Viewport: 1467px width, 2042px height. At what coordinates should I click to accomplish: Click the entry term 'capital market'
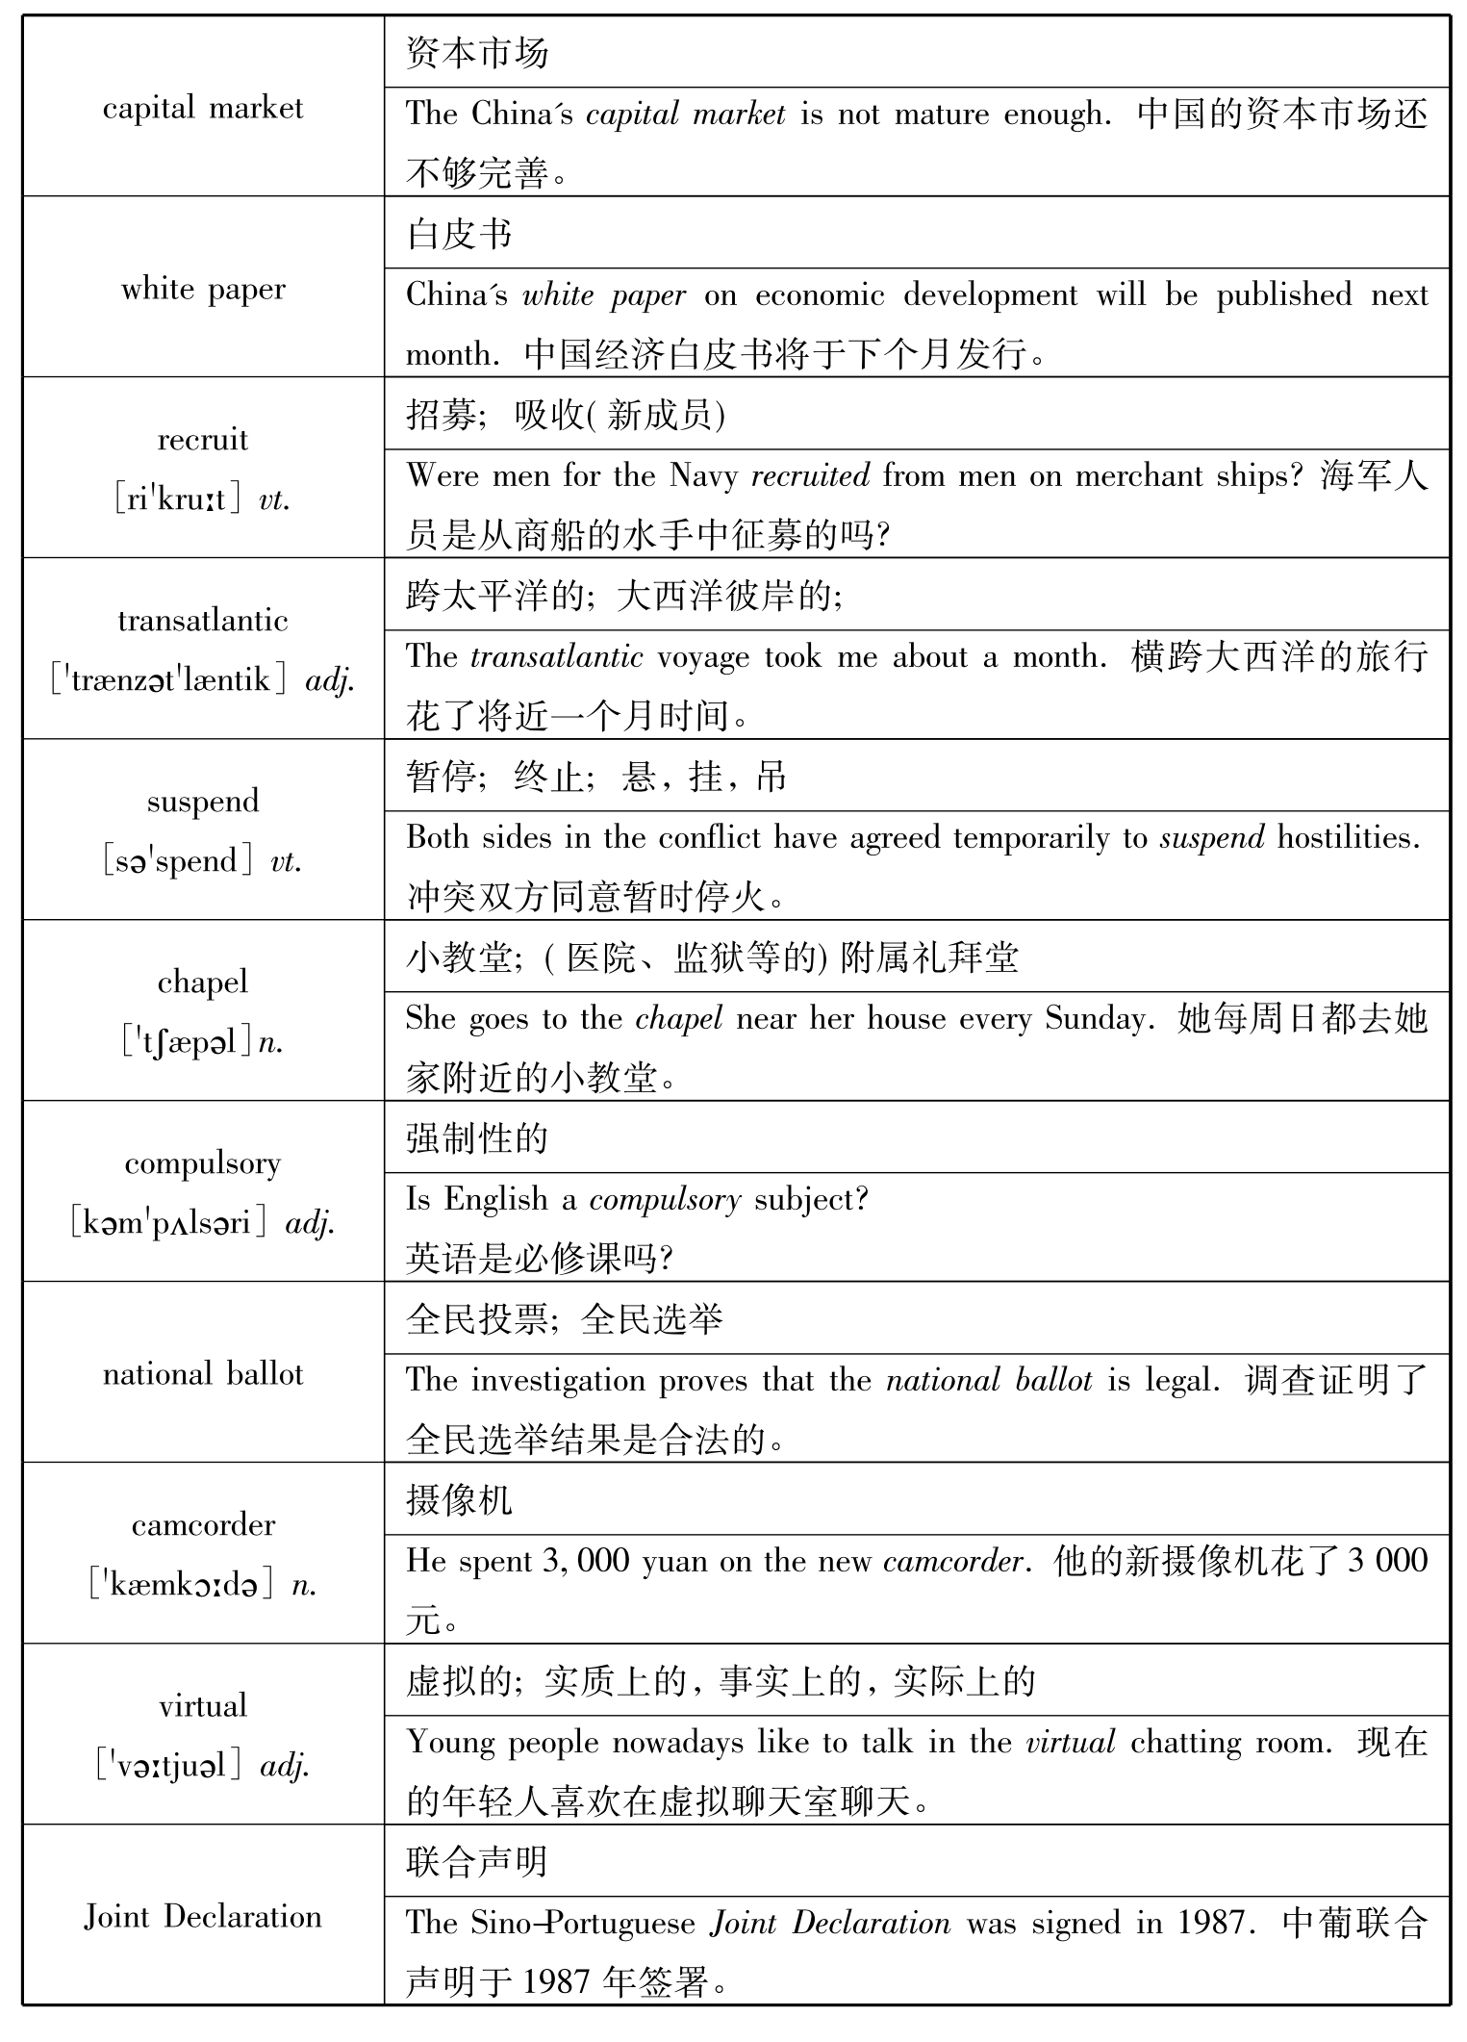coord(202,108)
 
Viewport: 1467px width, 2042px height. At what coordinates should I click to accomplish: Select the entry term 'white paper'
coord(202,289)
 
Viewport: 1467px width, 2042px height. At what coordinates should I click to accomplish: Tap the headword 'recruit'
coord(202,440)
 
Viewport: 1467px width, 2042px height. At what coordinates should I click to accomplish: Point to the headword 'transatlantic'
coord(202,621)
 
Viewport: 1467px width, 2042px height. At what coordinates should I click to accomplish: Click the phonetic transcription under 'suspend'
coord(202,860)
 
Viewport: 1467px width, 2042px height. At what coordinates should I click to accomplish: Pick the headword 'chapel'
coord(202,983)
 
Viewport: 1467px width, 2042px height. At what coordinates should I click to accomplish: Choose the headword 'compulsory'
coord(202,1163)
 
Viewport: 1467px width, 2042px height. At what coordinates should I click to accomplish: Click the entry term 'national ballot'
coord(202,1373)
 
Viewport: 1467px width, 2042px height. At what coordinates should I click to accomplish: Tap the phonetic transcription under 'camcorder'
coord(202,1585)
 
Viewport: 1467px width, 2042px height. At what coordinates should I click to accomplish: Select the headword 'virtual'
coord(202,1706)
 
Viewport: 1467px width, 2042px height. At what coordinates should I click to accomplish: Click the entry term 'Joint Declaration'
coord(202,1916)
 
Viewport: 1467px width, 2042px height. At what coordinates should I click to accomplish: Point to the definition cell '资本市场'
coord(477,53)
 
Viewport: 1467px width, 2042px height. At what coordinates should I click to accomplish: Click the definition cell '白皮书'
coord(459,234)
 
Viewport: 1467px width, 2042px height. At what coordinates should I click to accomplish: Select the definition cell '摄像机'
coord(459,1500)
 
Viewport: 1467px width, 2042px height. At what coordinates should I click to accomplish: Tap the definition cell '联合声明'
coord(477,1862)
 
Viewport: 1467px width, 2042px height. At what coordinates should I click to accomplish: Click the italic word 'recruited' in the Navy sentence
coord(810,475)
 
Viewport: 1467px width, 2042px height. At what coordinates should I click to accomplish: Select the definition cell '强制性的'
coord(477,1138)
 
